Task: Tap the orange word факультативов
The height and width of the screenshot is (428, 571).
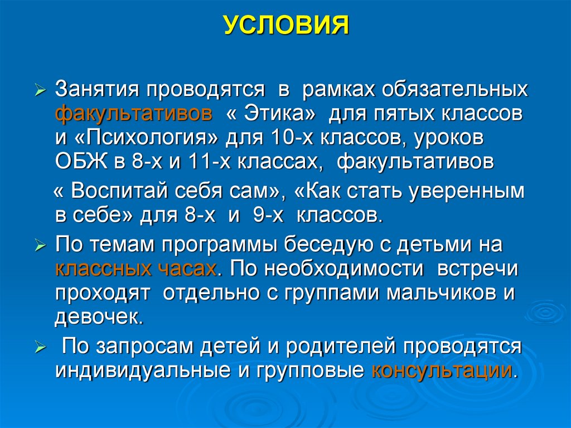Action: (x=134, y=114)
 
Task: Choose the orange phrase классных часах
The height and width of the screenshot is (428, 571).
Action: (x=136, y=268)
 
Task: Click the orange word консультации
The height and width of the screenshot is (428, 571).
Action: (x=441, y=370)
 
